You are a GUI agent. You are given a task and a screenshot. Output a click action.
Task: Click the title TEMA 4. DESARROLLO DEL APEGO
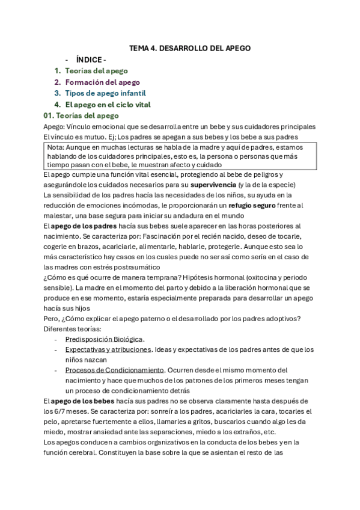190,48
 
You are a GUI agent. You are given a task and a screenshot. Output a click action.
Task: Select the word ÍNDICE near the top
89,60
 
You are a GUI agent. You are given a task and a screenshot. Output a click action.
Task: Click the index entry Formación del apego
102,82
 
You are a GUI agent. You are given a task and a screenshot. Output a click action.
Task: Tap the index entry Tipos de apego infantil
105,93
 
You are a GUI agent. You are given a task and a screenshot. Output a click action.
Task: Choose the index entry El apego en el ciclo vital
108,105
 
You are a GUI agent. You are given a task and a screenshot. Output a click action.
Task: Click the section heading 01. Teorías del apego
81,115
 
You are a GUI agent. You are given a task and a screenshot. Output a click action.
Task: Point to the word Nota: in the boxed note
55,147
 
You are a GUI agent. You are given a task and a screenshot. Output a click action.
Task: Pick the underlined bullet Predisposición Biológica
105,339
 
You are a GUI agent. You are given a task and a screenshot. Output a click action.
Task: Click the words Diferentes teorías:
72,329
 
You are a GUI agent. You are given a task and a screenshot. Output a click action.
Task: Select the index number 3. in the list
57,93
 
